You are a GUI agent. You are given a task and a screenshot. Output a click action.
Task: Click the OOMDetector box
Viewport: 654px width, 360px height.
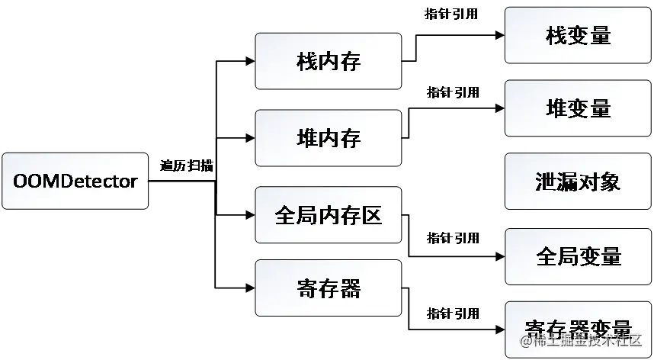point(75,182)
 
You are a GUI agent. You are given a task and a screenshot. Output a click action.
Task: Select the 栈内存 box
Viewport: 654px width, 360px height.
point(328,61)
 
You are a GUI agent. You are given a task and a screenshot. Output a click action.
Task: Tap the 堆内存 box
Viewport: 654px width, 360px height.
point(328,138)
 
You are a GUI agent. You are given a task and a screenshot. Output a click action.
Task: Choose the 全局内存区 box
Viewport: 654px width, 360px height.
point(328,215)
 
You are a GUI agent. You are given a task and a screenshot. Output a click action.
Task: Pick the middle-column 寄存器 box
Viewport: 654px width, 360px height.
point(328,289)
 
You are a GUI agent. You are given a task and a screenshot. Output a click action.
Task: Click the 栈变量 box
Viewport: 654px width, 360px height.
point(578,35)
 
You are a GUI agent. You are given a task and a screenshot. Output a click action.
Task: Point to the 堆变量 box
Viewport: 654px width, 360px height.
point(578,108)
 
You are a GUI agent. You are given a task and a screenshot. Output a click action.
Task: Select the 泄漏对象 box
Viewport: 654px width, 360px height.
point(578,182)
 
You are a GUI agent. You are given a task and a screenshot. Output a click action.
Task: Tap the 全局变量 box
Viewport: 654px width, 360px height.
point(578,256)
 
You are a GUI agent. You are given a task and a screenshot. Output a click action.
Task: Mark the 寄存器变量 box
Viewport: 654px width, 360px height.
point(578,328)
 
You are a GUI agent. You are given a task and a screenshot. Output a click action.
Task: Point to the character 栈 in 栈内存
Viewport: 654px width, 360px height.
point(306,61)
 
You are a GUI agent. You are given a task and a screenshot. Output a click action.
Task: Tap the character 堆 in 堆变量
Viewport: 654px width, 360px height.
point(556,108)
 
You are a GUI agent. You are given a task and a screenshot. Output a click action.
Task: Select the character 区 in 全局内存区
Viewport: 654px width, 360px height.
point(370,215)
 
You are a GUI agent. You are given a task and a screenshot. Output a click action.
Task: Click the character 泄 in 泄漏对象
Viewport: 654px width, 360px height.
point(546,182)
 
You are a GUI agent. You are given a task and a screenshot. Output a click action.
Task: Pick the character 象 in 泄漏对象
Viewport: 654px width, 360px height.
point(610,182)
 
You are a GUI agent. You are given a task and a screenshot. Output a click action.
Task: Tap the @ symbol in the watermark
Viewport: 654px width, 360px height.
point(526,341)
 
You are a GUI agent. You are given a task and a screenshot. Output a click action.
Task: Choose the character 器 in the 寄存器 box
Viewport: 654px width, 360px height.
point(349,289)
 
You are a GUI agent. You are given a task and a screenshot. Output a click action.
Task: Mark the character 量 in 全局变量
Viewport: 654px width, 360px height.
point(610,256)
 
